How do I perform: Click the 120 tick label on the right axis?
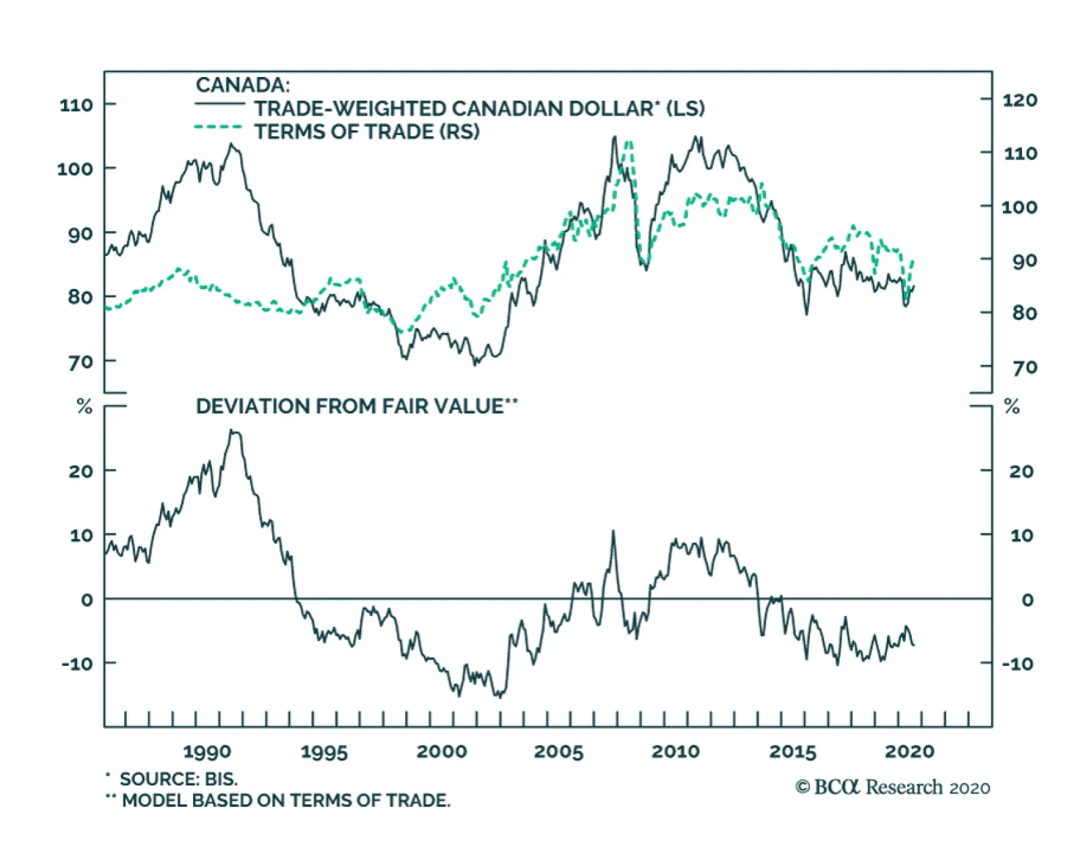click(1019, 100)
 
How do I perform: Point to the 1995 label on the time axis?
click(324, 752)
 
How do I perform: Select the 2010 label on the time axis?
click(676, 752)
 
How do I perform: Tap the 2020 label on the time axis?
click(909, 752)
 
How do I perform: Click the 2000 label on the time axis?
click(441, 752)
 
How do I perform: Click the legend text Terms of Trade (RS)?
click(367, 132)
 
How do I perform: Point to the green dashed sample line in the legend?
click(217, 127)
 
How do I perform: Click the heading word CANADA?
click(242, 85)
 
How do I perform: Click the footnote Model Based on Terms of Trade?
click(286, 800)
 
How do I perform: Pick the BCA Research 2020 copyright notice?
click(892, 787)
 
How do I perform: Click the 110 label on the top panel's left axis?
click(76, 105)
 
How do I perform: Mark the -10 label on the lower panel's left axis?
click(77, 663)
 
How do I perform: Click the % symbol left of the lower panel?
click(84, 407)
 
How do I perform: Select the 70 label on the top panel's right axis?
click(1024, 367)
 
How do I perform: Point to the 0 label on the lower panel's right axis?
click(1027, 600)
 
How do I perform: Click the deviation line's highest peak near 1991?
click(233, 430)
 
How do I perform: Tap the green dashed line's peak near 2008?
click(629, 142)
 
